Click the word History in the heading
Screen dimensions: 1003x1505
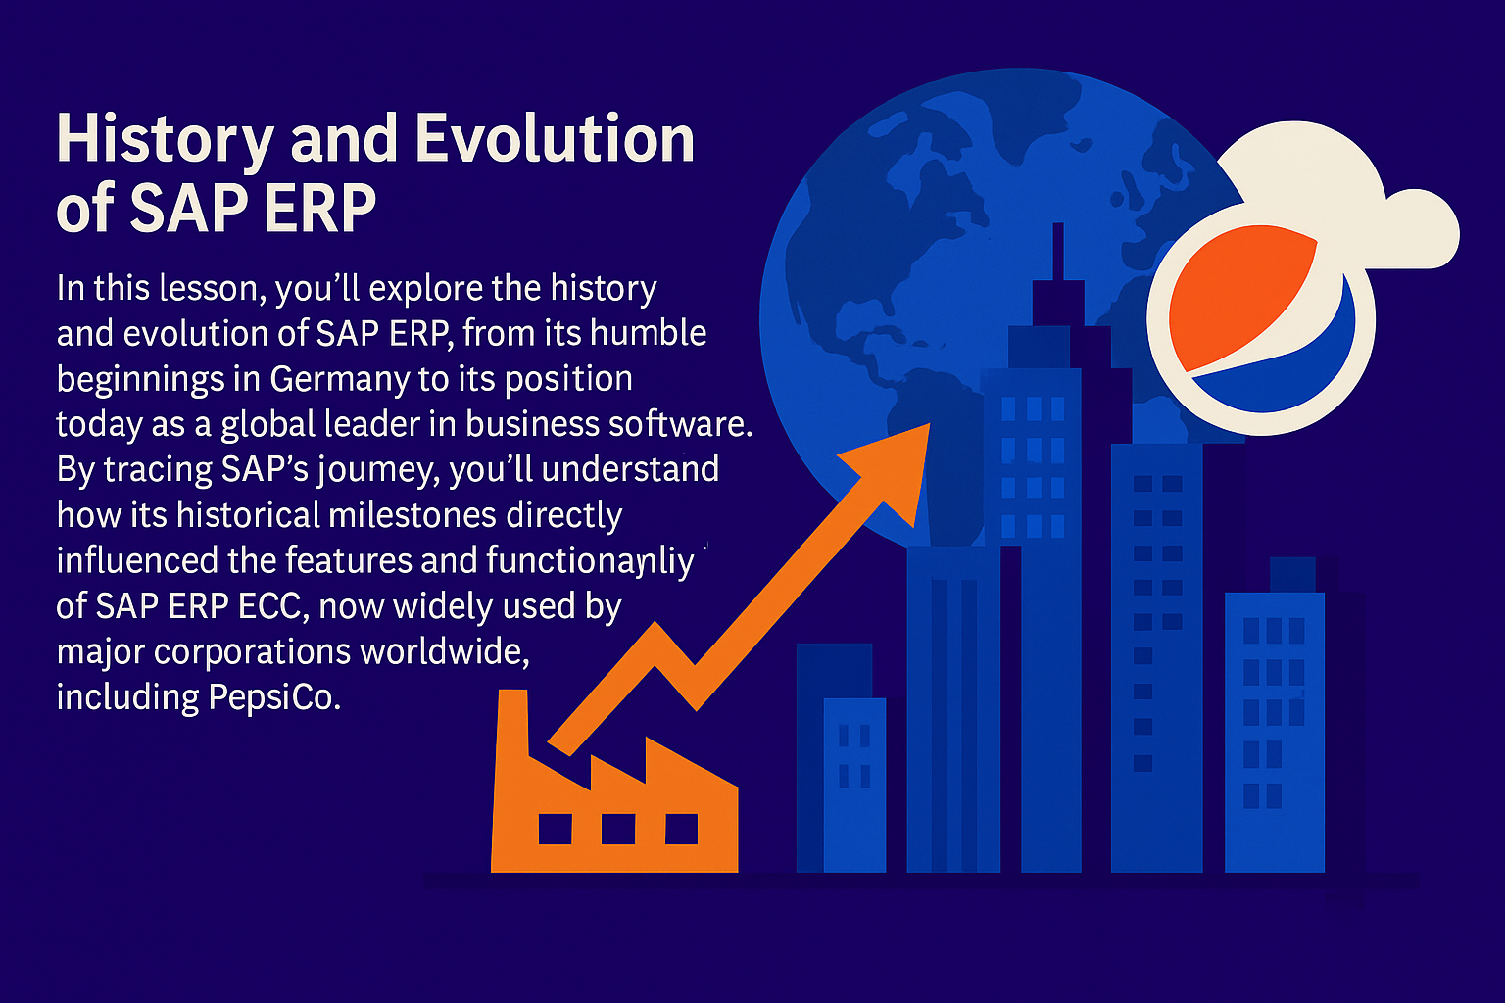(x=165, y=139)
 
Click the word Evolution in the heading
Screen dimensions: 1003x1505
(x=555, y=139)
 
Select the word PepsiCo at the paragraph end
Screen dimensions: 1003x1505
(x=273, y=696)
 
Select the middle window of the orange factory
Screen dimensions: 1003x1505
(x=617, y=829)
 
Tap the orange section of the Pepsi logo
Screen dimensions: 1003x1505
(x=1239, y=299)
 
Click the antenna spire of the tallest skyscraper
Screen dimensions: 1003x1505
(x=1057, y=250)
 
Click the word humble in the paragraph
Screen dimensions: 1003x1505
(x=656, y=334)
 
